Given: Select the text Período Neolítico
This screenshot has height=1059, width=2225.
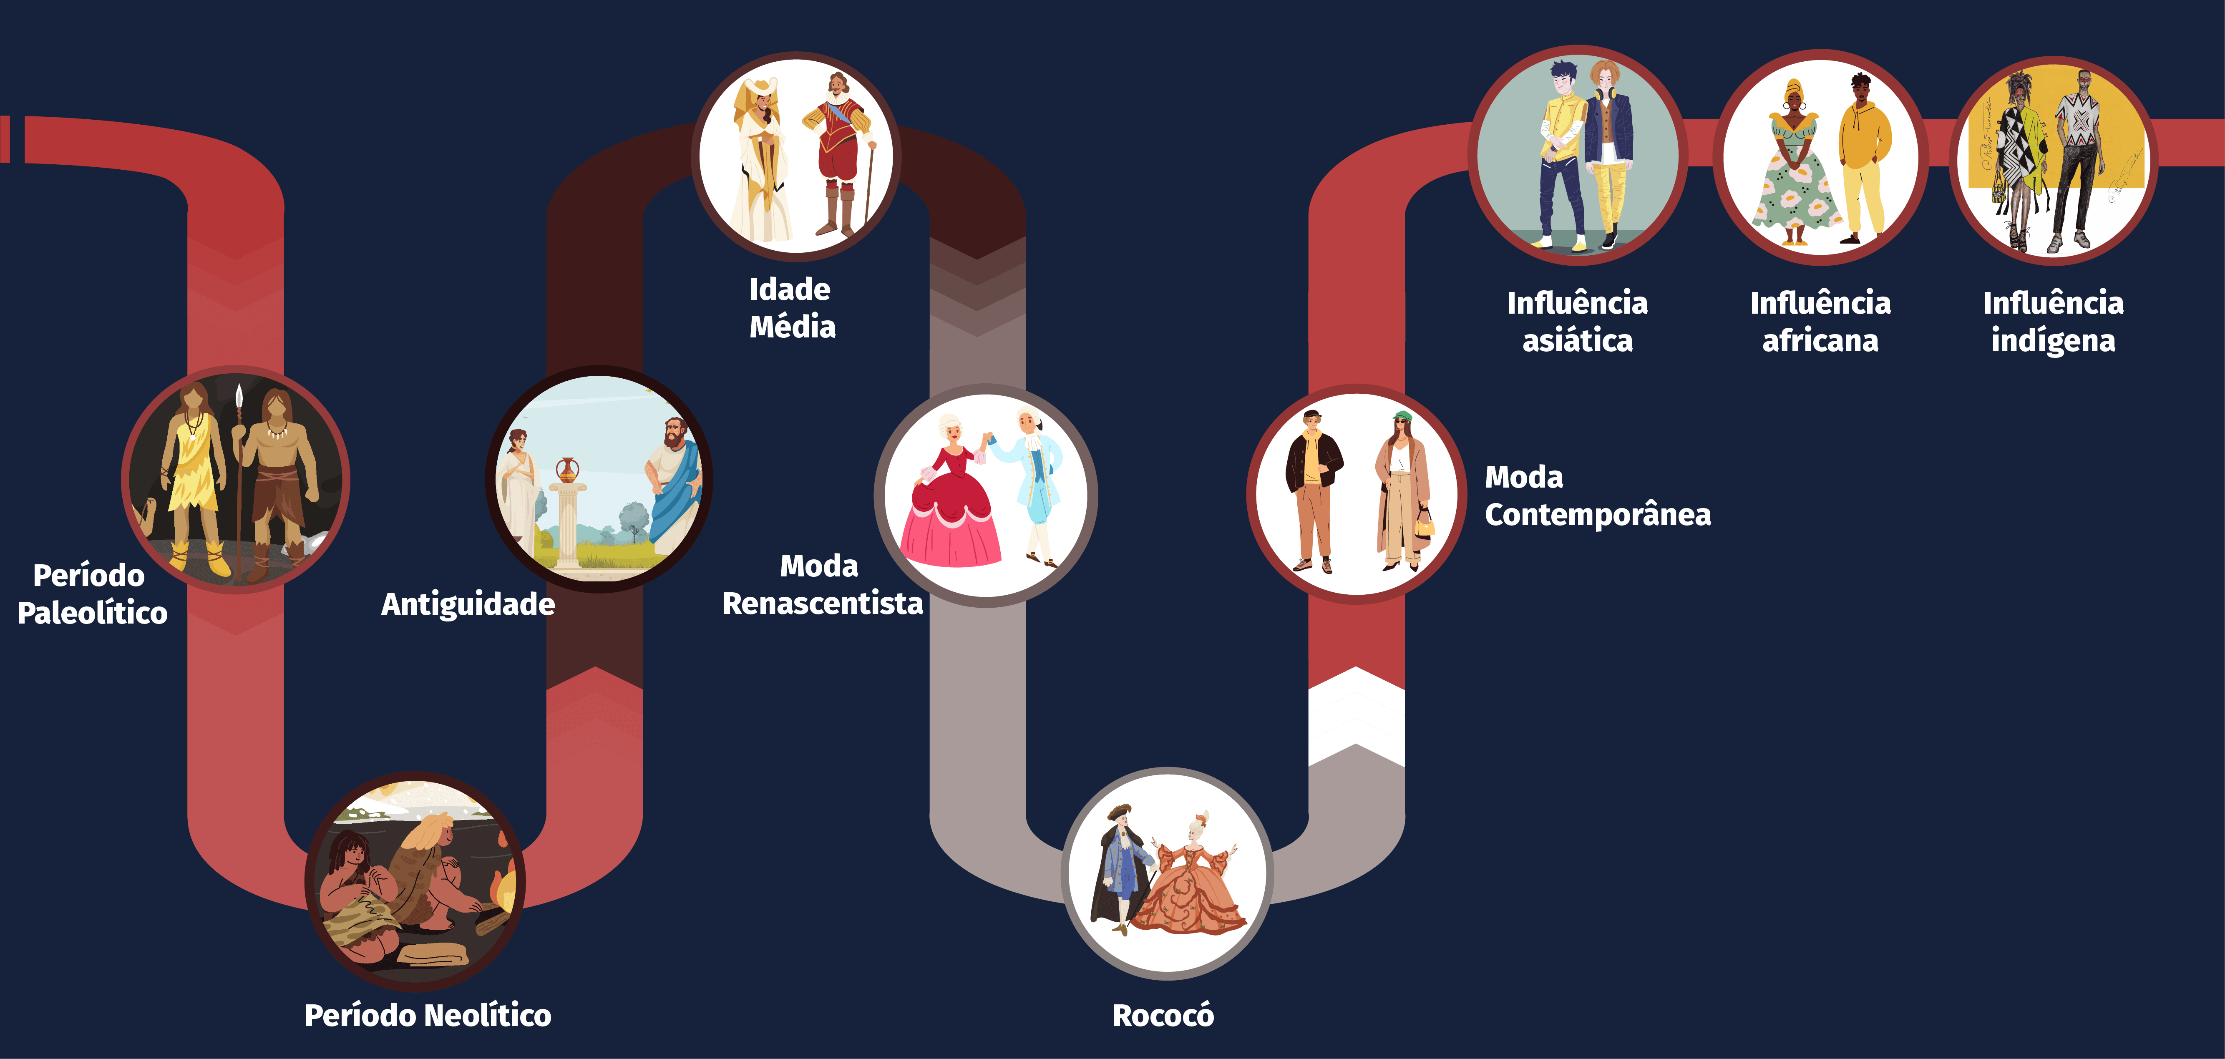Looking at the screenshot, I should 428,1015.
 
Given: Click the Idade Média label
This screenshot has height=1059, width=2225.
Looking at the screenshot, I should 791,307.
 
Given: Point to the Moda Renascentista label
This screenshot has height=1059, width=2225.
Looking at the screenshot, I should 821,585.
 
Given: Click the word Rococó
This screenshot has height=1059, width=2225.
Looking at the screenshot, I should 1163,1015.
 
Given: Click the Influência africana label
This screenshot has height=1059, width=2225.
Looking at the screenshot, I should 1820,321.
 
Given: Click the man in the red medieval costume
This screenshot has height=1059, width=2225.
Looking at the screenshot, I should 836,156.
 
